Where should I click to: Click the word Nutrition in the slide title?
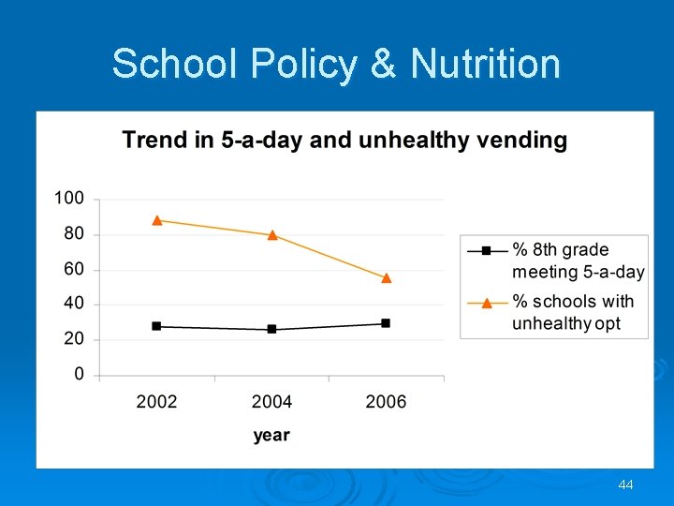(485, 65)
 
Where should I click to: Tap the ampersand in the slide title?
(383, 65)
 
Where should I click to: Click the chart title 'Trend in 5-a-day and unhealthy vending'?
(344, 141)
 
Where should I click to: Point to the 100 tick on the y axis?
(68, 199)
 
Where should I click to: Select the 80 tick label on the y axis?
(73, 233)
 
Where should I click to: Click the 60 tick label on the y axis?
(73, 269)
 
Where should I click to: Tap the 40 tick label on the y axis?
(73, 304)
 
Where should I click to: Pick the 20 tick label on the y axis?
(73, 339)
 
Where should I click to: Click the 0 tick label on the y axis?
(79, 375)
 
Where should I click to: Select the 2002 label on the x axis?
(156, 402)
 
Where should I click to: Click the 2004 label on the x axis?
(271, 402)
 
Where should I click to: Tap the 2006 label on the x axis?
(386, 402)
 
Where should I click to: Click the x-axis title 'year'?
(271, 436)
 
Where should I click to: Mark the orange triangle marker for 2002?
(157, 220)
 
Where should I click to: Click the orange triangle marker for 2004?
(272, 234)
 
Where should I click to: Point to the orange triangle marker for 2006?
(387, 277)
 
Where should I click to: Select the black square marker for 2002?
(156, 326)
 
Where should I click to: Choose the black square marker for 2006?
(386, 323)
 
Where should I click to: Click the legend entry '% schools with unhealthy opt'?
(572, 313)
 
